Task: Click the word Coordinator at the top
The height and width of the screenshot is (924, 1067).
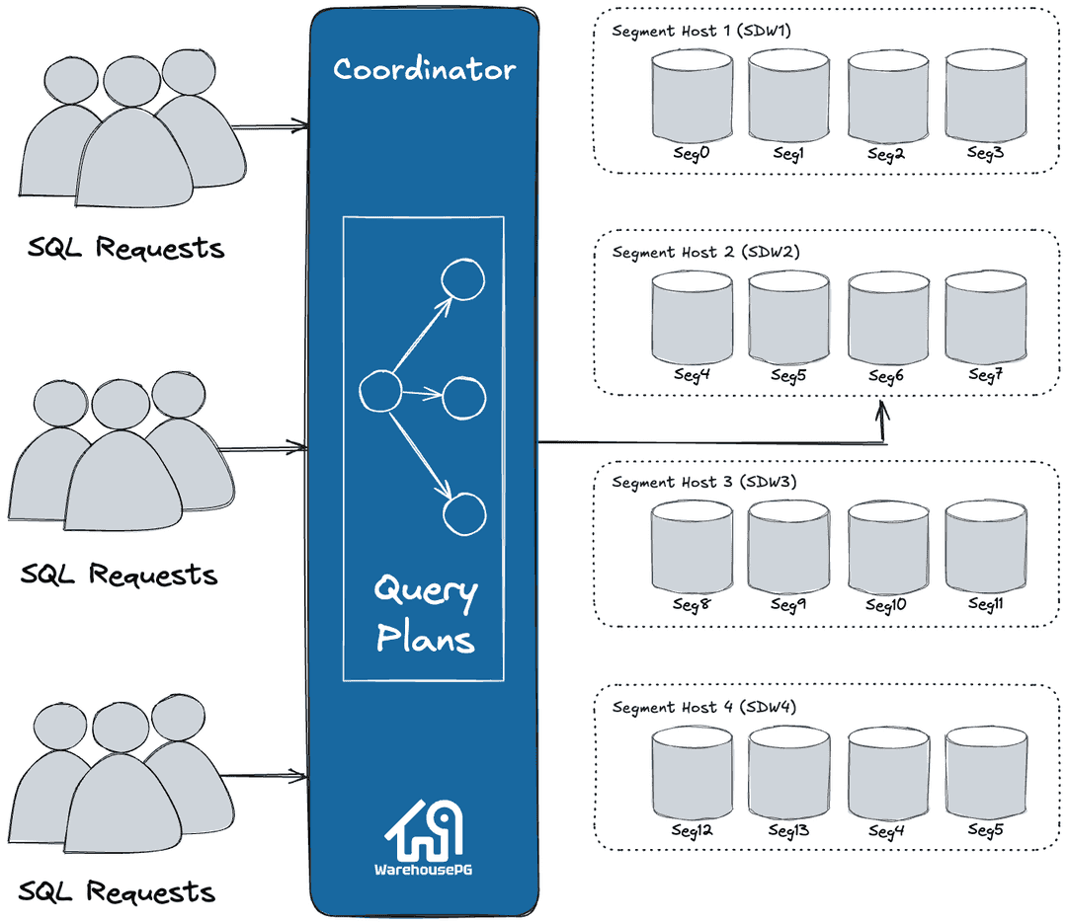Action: pyautogui.click(x=424, y=69)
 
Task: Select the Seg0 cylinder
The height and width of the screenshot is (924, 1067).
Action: pyautogui.click(x=692, y=96)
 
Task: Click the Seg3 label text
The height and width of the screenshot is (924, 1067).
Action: pyautogui.click(x=985, y=153)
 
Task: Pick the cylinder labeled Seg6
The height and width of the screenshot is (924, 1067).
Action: pyautogui.click(x=888, y=318)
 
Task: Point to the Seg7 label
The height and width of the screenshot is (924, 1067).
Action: pyautogui.click(x=985, y=375)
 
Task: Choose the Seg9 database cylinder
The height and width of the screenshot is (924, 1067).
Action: pyautogui.click(x=788, y=547)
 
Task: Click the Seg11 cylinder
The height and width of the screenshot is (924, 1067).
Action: pyautogui.click(x=985, y=547)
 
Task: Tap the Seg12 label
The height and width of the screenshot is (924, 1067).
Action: pyautogui.click(x=692, y=831)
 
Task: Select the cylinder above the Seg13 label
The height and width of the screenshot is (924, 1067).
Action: pyautogui.click(x=788, y=773)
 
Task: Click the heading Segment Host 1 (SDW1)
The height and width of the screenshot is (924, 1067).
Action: pyautogui.click(x=701, y=31)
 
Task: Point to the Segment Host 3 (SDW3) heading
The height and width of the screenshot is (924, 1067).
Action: pyautogui.click(x=703, y=483)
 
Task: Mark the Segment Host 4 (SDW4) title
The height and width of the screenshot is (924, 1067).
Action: pyautogui.click(x=703, y=708)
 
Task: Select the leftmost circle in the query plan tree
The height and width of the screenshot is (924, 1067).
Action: pyautogui.click(x=378, y=392)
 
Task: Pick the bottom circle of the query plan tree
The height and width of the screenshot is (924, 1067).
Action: pyautogui.click(x=464, y=513)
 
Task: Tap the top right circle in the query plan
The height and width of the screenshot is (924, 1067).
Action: pyautogui.click(x=462, y=281)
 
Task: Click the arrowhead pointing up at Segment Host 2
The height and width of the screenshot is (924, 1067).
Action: pyautogui.click(x=882, y=407)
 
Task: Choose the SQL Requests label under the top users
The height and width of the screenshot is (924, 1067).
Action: pyautogui.click(x=125, y=248)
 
